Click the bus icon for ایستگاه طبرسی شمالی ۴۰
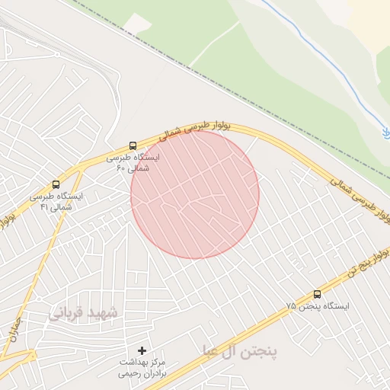pos(133,145)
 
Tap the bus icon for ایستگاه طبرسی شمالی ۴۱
pos(56,184)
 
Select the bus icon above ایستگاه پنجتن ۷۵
pos(317,294)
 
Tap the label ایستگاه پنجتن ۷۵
pos(318,306)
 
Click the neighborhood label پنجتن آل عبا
pos(239,351)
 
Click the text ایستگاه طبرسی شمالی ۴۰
pos(133,162)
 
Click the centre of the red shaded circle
pos(195,194)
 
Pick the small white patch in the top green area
pos(137,24)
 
